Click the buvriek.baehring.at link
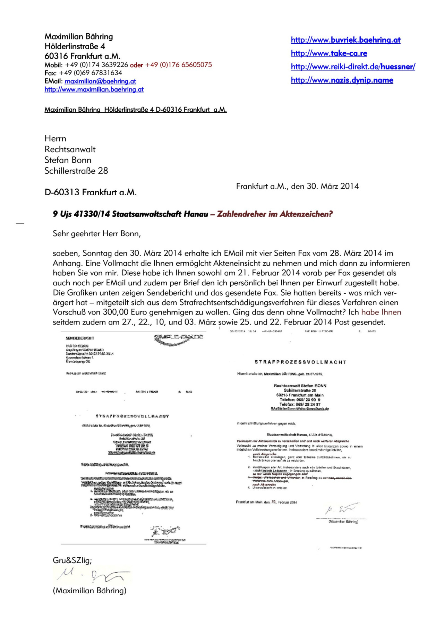[345, 40]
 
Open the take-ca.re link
[329, 53]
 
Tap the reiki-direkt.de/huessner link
[353, 67]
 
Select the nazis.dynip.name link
[342, 80]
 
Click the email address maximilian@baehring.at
[100, 81]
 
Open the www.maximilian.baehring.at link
[94, 89]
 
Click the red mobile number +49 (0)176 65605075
[178, 65]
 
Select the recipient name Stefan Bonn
[68, 160]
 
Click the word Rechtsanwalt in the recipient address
[70, 149]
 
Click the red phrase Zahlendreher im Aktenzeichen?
[275, 214]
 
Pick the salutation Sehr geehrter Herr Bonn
[96, 234]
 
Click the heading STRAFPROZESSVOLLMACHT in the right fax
[300, 362]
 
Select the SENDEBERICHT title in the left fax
[80, 338]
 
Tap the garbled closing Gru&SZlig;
[72, 560]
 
